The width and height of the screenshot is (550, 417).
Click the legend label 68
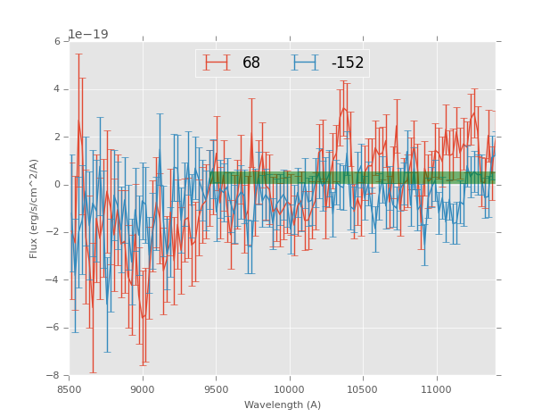251,63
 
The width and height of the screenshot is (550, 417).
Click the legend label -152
347,63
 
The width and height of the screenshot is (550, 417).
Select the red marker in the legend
216,63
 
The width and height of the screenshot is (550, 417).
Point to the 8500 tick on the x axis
70,389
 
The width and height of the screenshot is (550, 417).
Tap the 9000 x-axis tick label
143,389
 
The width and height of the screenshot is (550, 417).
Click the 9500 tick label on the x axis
216,389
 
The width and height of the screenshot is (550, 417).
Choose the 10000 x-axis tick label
290,389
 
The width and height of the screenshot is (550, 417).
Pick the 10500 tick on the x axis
363,389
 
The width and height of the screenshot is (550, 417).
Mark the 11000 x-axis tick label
436,389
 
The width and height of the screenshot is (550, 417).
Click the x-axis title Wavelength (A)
282,405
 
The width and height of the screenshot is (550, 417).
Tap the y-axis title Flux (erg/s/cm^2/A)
34,208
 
